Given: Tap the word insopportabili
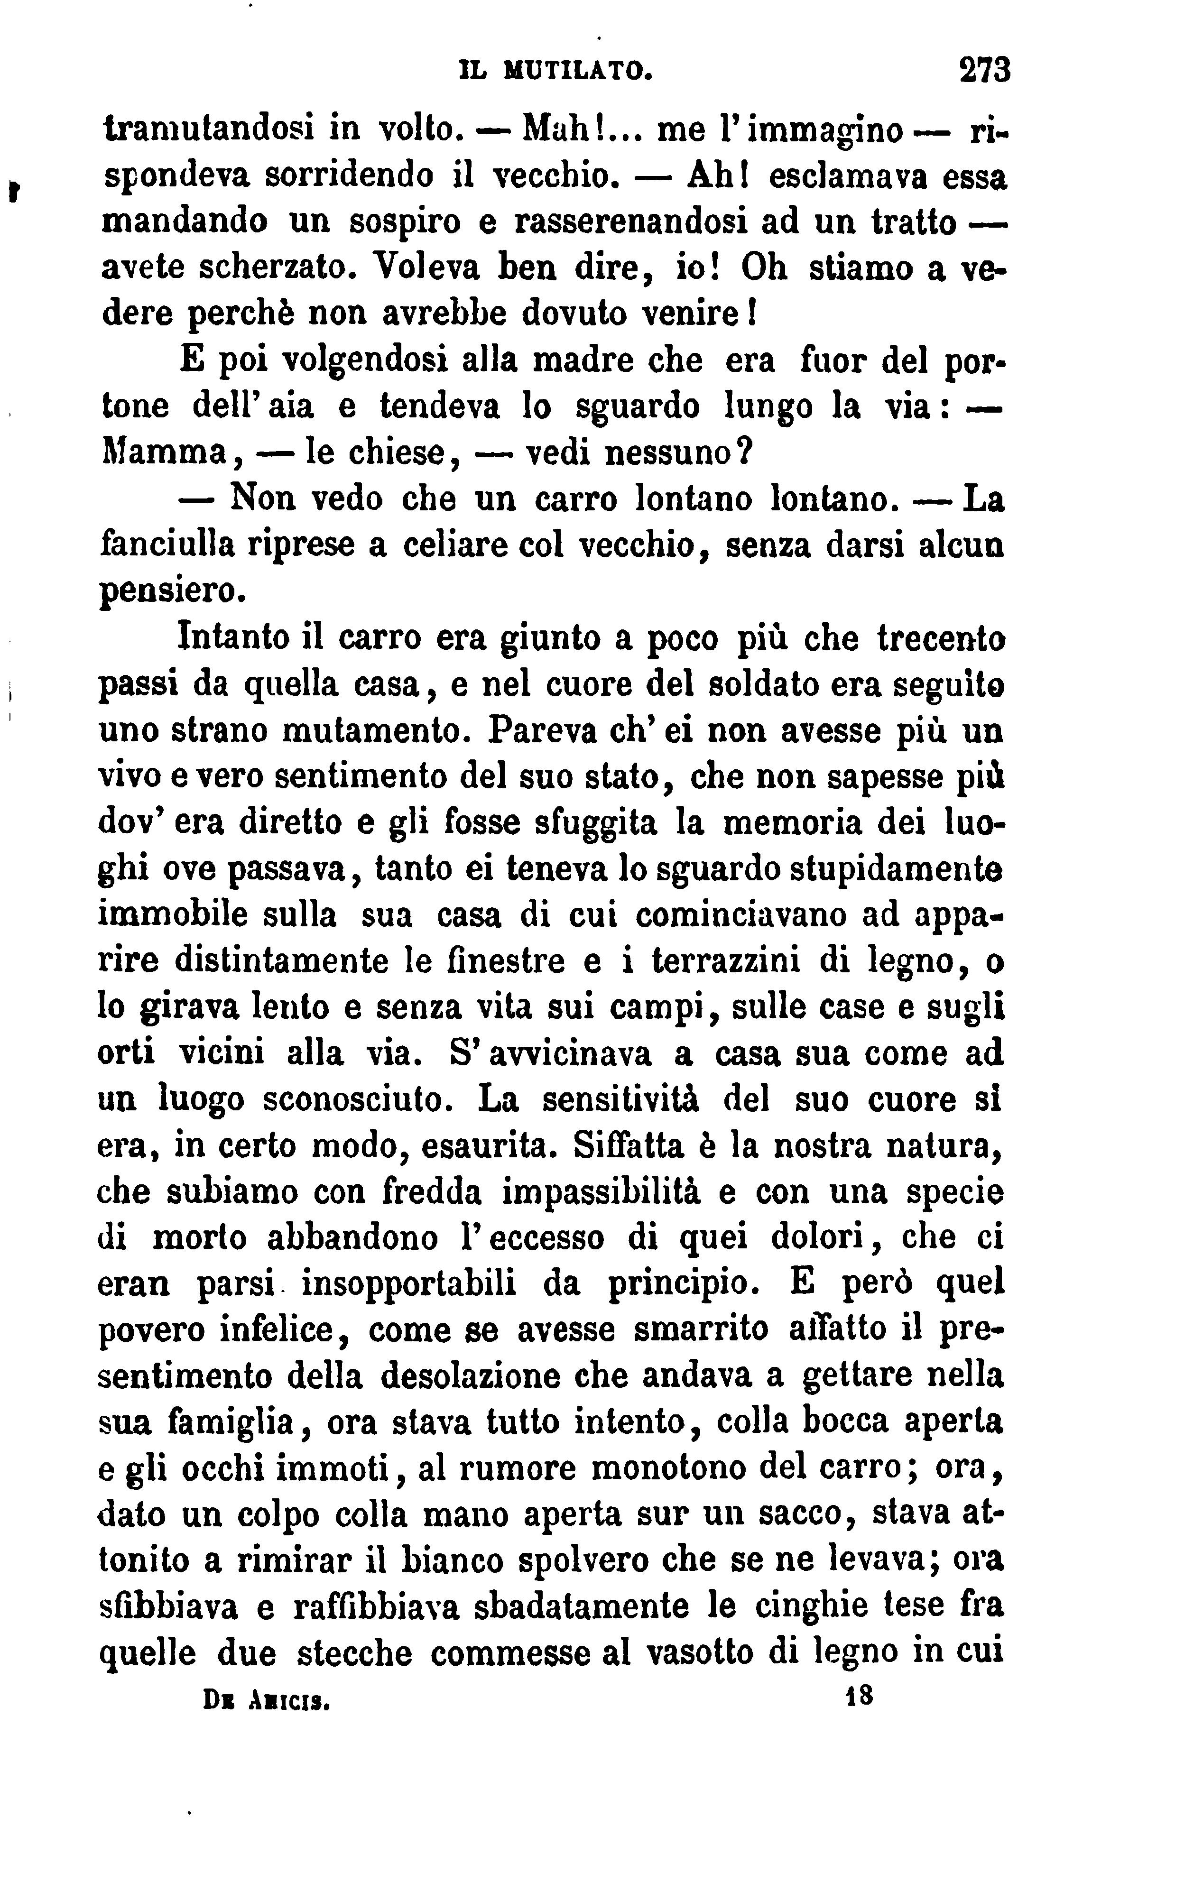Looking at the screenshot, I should [409, 1283].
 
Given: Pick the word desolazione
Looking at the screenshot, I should [471, 1376].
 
